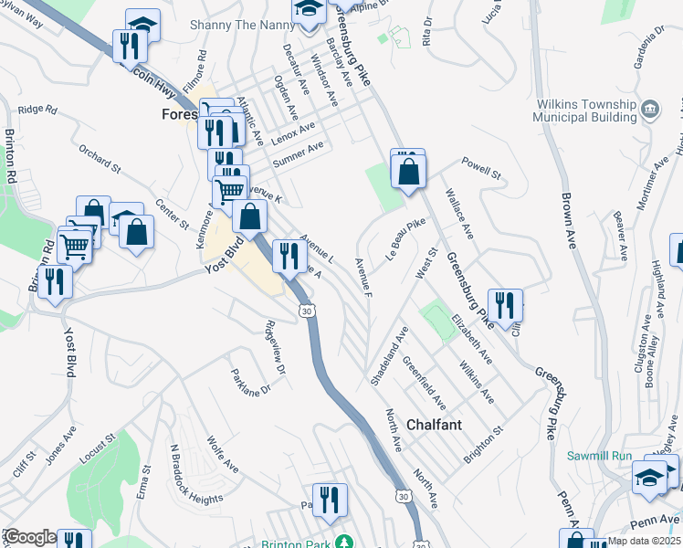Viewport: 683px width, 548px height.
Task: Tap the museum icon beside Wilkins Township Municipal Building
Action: click(650, 111)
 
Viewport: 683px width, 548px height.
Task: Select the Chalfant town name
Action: click(434, 426)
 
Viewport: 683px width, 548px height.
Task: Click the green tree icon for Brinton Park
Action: click(343, 543)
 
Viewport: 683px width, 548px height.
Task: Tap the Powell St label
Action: click(481, 169)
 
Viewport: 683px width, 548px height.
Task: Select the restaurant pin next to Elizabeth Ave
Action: click(505, 304)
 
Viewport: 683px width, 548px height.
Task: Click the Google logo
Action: click(29, 537)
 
